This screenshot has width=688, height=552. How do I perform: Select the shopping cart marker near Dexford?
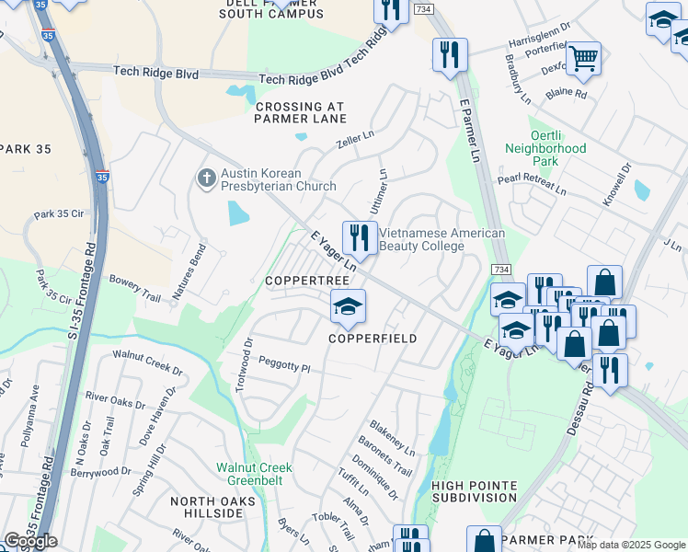point(583,59)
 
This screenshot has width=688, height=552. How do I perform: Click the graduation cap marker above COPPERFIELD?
point(349,306)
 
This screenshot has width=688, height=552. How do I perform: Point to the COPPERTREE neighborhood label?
point(307,280)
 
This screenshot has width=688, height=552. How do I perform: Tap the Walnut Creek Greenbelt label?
point(253,473)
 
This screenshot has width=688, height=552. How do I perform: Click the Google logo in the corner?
point(30,541)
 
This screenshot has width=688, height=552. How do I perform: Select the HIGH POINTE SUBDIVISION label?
point(474,491)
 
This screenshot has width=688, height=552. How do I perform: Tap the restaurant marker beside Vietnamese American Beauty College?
point(360,238)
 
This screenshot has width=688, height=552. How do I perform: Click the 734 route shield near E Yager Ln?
point(499,269)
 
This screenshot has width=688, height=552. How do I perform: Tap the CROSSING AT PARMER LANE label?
point(301,113)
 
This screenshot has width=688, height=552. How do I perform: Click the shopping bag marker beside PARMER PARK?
point(484,541)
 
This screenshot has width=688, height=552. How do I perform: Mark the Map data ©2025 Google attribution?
point(632,546)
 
